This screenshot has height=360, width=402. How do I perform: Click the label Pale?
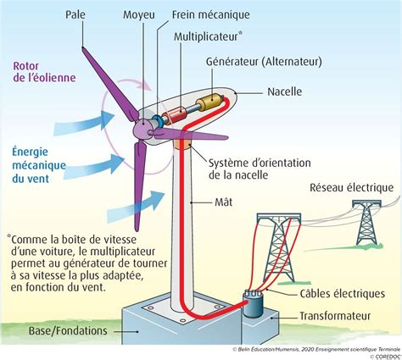point(75,14)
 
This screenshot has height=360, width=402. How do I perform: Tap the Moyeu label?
point(139,15)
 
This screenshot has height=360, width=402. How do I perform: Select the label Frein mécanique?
point(211,14)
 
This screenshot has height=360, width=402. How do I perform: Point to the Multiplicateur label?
point(206,36)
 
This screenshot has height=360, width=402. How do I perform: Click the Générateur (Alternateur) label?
point(264,62)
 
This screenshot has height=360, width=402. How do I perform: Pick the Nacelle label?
point(285,91)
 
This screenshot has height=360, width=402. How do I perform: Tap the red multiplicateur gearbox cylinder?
point(174,115)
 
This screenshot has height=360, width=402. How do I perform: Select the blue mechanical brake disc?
point(156,121)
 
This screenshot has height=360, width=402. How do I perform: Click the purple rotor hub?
point(142,128)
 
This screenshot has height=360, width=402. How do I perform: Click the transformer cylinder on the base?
point(254,303)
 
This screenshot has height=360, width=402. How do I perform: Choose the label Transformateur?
point(335,316)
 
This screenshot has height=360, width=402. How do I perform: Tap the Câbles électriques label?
point(343,293)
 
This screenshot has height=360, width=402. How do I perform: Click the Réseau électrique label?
point(351,188)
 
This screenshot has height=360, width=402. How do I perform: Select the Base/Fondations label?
point(68,330)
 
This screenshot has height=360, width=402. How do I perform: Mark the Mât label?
point(224,202)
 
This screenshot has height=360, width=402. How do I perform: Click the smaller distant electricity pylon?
point(366,222)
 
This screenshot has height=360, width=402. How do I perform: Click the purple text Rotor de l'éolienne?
point(44,72)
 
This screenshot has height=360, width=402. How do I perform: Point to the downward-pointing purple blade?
point(139,185)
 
